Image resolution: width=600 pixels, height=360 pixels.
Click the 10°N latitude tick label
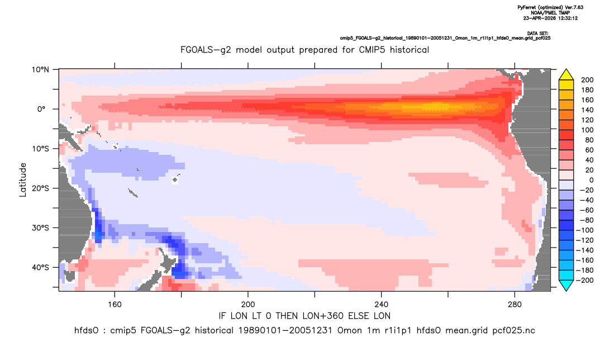pyautogui.click(x=40, y=70)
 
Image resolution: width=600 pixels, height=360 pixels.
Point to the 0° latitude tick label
pyautogui.click(x=41, y=109)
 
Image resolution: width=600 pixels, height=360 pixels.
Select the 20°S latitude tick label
pyautogui.click(x=40, y=188)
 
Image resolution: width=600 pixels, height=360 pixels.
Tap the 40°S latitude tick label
pyautogui.click(x=40, y=267)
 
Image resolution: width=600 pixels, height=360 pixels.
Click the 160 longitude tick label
pyautogui.click(x=115, y=305)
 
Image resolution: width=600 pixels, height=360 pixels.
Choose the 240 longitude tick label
pyautogui.click(x=382, y=305)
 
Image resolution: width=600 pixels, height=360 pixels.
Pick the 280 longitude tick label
pyautogui.click(x=515, y=305)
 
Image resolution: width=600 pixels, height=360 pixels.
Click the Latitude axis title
pyautogui.click(x=23, y=180)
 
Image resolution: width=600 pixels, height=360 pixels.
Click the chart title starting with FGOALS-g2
pyautogui.click(x=304, y=50)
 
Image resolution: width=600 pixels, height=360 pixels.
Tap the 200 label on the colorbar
pyautogui.click(x=587, y=80)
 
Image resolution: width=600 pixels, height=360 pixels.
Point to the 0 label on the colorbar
pyautogui.click(x=591, y=181)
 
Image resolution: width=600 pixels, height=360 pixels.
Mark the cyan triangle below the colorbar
pyautogui.click(x=566, y=285)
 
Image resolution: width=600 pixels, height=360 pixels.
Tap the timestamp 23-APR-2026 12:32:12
pyautogui.click(x=550, y=18)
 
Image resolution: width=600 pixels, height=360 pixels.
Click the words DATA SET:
pyautogui.click(x=537, y=34)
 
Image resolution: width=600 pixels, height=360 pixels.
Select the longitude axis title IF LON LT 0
pyautogui.click(x=304, y=316)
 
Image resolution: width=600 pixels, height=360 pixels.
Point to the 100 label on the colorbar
pyautogui.click(x=587, y=130)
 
